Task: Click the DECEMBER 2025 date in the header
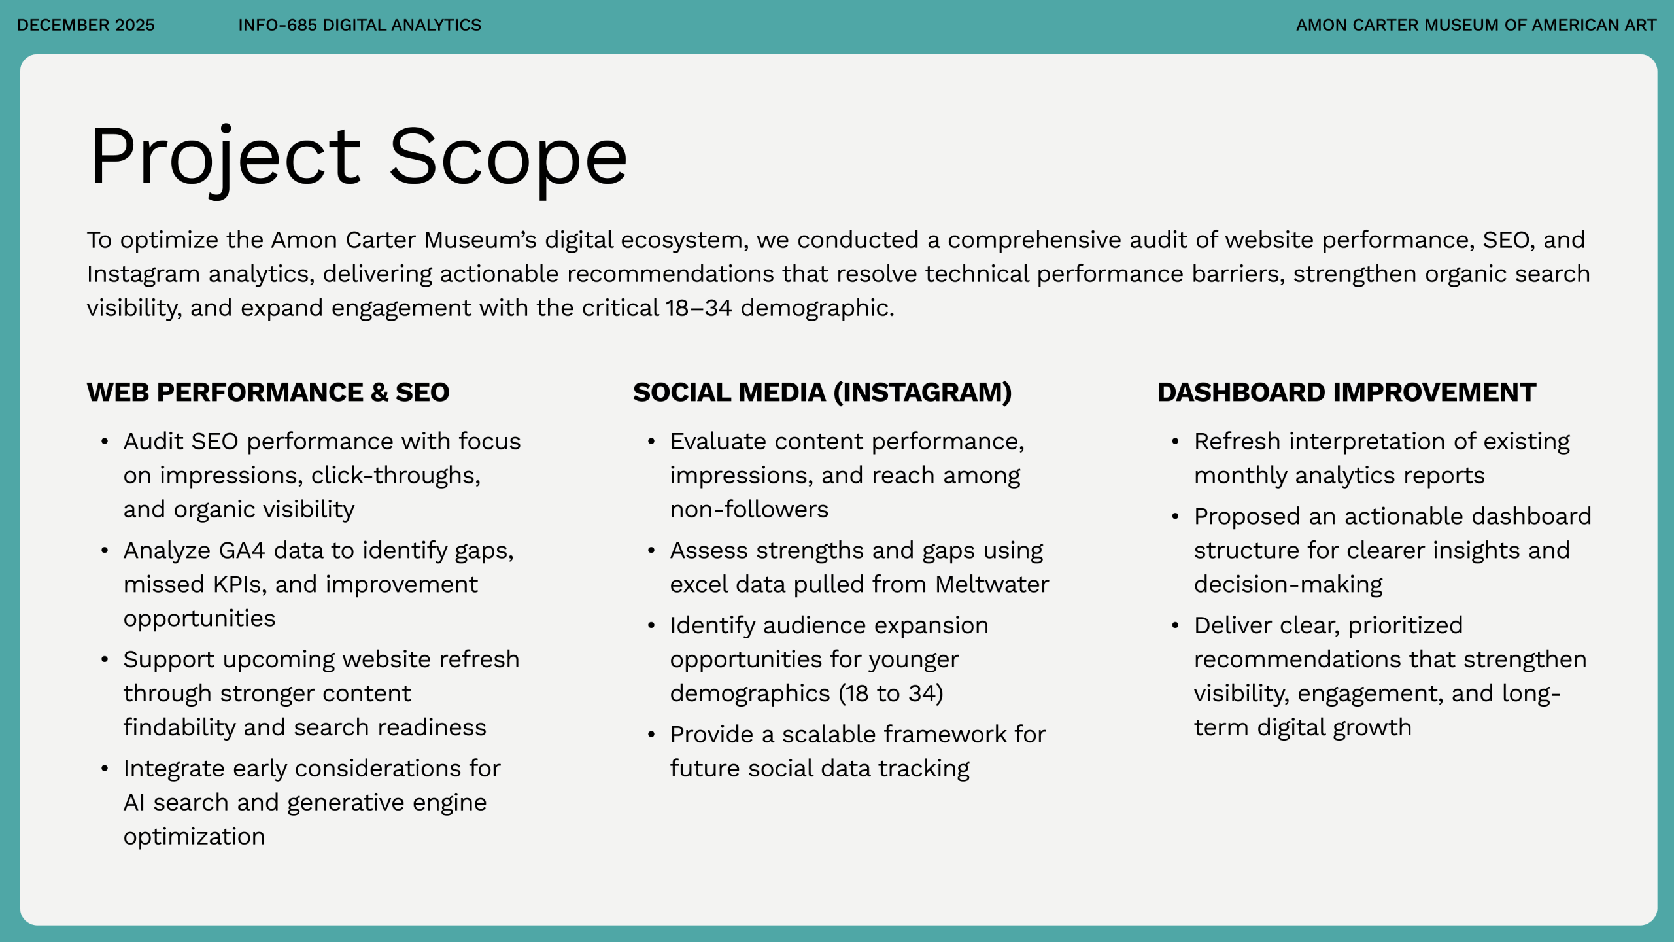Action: tap(86, 25)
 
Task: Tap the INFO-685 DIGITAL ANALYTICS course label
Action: tap(360, 25)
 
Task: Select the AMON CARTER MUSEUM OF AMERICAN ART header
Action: tap(1476, 25)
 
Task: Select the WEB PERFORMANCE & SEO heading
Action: tap(268, 392)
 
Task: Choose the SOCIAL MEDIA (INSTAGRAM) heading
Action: tap(823, 392)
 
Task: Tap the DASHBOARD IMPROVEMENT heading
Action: tap(1347, 392)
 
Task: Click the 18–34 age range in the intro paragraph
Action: tap(699, 307)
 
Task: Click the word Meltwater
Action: tap(992, 585)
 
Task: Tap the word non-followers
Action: tap(749, 510)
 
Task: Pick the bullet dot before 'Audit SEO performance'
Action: tap(105, 442)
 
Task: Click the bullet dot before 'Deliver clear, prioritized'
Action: tap(1175, 625)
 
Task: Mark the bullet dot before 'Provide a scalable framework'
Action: tap(651, 735)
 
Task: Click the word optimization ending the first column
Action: tap(194, 837)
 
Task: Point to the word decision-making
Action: tap(1288, 585)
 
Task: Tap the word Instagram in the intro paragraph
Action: tap(143, 274)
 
